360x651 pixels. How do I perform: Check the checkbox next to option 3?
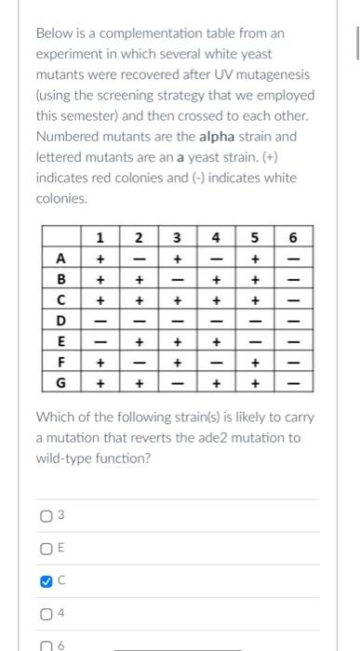[x=45, y=516]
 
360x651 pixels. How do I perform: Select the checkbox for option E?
[x=45, y=549]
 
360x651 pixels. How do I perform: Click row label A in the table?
[x=61, y=257]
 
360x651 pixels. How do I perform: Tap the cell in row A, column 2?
[x=139, y=257]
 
